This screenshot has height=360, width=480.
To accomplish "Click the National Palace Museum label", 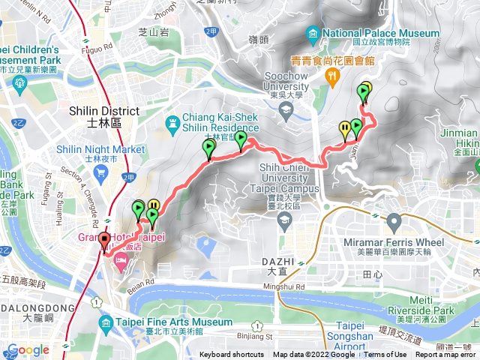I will (x=382, y=33).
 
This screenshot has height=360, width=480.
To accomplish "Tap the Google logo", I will (x=28, y=349).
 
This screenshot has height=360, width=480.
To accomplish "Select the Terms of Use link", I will (x=385, y=355).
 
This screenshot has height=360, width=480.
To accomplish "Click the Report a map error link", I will (x=446, y=355).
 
